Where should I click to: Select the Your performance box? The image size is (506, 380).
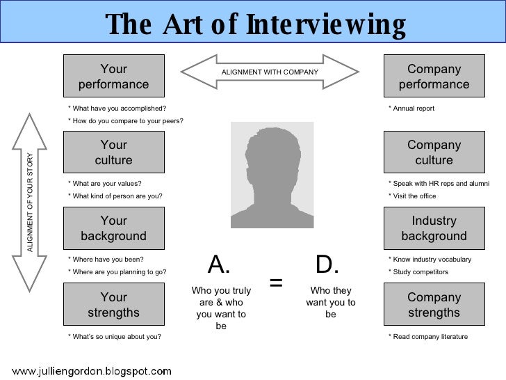[113, 77]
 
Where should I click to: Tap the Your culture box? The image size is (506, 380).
[113, 152]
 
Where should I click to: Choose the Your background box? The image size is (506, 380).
[113, 228]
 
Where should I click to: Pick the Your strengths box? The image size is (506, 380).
[113, 305]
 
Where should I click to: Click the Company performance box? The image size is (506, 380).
[434, 77]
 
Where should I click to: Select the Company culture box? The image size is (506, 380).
[434, 152]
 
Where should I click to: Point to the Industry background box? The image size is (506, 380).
[434, 228]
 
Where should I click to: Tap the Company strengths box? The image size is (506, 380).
[434, 305]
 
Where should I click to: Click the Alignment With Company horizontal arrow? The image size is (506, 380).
[269, 72]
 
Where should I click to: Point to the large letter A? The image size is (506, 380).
[219, 264]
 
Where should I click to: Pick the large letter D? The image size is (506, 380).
[327, 264]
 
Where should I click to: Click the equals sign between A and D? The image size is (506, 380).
[276, 283]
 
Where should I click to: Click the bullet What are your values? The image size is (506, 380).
[105, 184]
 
